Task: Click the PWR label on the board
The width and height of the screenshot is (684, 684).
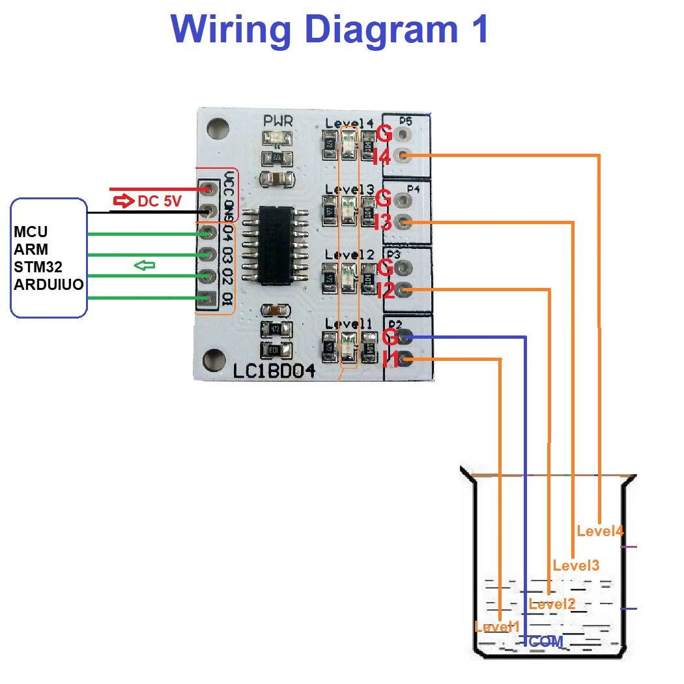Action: point(278,121)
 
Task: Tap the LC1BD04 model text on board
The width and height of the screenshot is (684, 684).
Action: point(274,371)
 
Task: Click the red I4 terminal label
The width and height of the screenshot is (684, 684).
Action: point(382,157)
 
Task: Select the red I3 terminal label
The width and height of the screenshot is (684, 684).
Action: point(383,223)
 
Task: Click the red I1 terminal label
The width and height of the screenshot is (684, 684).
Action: point(390,359)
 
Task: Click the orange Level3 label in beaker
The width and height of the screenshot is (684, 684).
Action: point(576,565)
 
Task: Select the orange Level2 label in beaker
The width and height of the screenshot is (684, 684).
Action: point(552,604)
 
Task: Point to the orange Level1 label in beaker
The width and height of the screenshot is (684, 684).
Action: point(497,627)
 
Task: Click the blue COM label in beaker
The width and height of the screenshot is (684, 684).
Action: point(546,642)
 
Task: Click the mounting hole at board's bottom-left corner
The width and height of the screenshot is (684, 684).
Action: point(214,358)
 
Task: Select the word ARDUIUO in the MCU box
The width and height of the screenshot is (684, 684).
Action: point(49,284)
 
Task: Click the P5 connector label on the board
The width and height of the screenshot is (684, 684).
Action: point(405,121)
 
